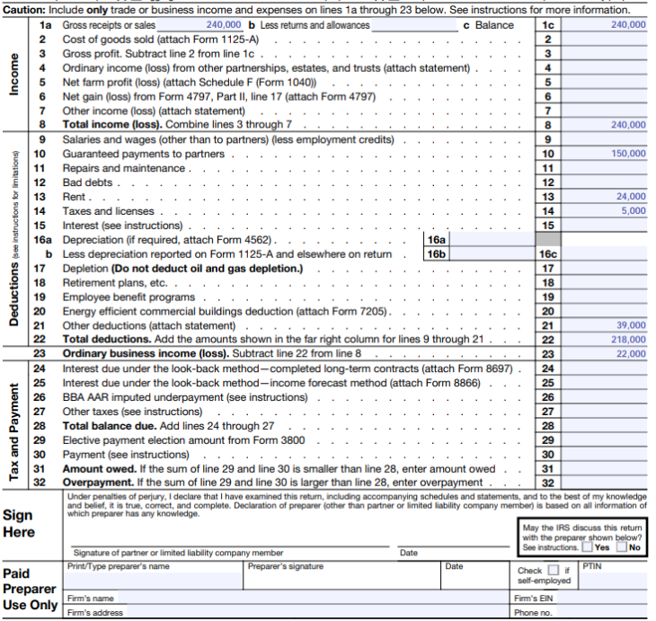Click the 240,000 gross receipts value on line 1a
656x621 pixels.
click(x=224, y=25)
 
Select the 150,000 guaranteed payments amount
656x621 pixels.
click(x=628, y=154)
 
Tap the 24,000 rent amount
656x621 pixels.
click(x=631, y=196)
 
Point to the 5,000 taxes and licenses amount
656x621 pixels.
click(x=634, y=210)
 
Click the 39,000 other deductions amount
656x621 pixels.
click(x=631, y=324)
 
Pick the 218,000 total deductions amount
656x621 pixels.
click(x=628, y=339)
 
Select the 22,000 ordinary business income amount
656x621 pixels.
click(x=631, y=353)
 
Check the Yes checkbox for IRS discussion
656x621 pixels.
click(x=587, y=547)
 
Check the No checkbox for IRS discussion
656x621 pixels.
click(x=622, y=547)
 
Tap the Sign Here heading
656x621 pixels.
click(x=20, y=524)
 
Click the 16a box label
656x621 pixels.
click(x=436, y=240)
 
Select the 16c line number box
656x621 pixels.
click(x=548, y=254)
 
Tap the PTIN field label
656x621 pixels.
click(x=592, y=565)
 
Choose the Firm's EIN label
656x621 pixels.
click(x=533, y=598)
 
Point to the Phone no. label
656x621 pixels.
click(x=532, y=612)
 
